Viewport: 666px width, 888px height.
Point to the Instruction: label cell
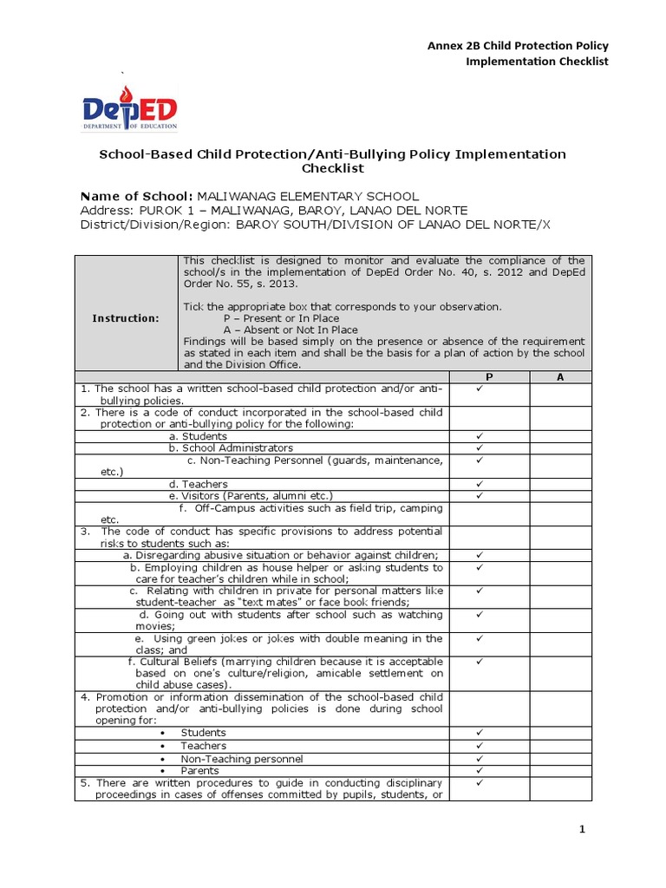[126, 318]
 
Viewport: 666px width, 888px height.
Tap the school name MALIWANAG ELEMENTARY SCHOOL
[307, 196]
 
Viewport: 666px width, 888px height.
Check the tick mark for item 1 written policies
[478, 389]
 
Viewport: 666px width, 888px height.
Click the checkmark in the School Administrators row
[478, 447]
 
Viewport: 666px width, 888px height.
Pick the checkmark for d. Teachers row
[478, 483]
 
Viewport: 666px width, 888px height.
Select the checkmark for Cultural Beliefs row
[478, 662]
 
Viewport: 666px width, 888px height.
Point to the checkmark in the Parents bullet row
[478, 770]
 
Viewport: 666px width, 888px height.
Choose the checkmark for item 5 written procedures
[478, 782]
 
